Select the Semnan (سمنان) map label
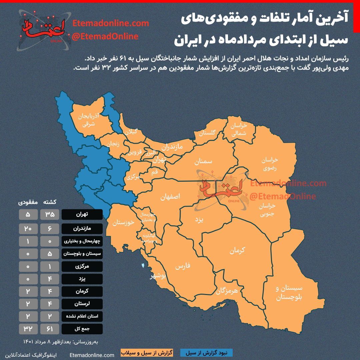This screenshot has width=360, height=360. point(204,162)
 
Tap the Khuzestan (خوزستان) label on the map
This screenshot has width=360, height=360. point(123,223)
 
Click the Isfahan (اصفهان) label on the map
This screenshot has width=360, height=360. point(170,197)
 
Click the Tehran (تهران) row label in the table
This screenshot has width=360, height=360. point(82,214)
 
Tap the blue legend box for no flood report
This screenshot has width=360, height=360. point(206,352)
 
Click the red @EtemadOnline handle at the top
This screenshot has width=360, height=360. point(105,36)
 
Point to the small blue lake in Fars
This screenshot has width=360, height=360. point(143,266)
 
